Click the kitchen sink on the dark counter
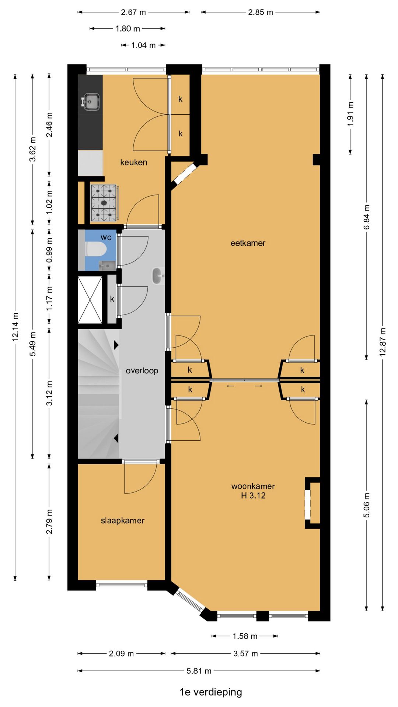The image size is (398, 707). [x=90, y=102]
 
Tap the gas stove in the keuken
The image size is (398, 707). [x=104, y=203]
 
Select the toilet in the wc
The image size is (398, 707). [x=96, y=249]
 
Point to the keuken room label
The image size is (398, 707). [x=134, y=162]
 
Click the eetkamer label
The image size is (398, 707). [x=248, y=243]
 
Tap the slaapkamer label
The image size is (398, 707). [x=123, y=521]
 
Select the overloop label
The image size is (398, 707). [x=142, y=371]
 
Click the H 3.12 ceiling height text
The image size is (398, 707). [x=253, y=496]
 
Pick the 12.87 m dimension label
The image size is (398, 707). [x=383, y=341]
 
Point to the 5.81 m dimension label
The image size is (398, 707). [x=199, y=671]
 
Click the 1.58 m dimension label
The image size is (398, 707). [x=245, y=636]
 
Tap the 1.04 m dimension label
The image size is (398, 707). [x=143, y=45]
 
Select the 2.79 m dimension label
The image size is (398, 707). [x=49, y=522]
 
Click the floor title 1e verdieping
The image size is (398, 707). [x=211, y=692]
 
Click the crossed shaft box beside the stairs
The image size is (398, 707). [x=90, y=300]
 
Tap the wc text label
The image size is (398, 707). [x=106, y=238]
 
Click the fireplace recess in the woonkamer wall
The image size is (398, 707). [x=312, y=503]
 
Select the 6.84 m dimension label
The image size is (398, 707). [x=367, y=217]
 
